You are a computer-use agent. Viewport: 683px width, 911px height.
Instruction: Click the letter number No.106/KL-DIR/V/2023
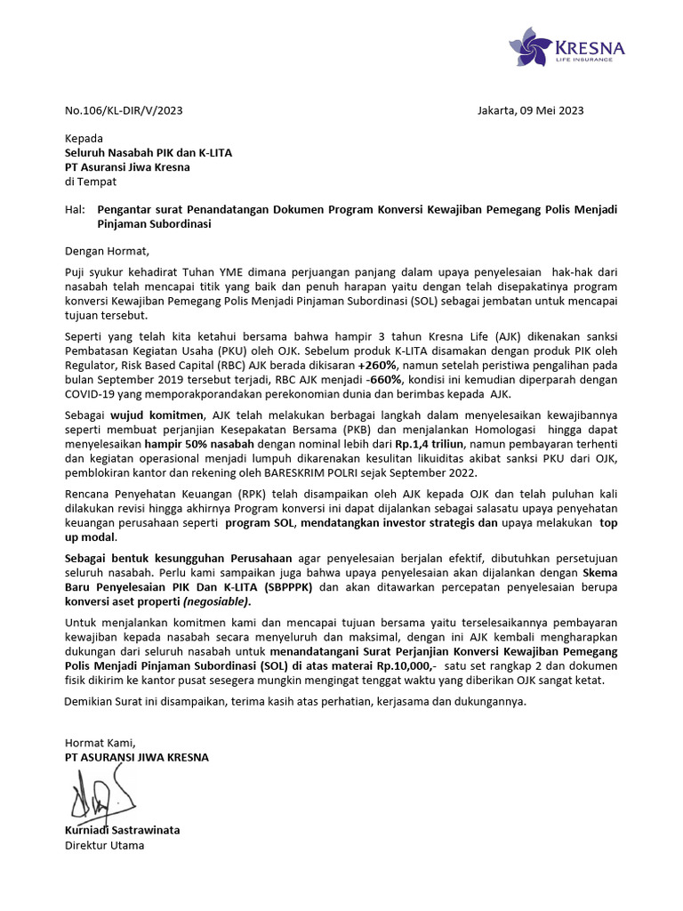tap(124, 110)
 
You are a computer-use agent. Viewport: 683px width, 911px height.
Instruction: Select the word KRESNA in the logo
tap(589, 46)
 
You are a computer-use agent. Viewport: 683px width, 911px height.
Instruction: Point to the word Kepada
tap(84, 139)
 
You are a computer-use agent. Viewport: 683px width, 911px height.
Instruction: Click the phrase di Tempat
tap(91, 181)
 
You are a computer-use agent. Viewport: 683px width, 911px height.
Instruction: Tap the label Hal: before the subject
tap(75, 210)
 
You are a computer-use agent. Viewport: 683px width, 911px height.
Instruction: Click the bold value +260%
tap(379, 365)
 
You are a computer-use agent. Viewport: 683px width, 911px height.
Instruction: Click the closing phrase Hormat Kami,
tap(99, 743)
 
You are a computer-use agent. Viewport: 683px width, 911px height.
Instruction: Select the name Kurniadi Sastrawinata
tap(122, 830)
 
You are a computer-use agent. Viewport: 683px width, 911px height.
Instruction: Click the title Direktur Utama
tap(104, 845)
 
